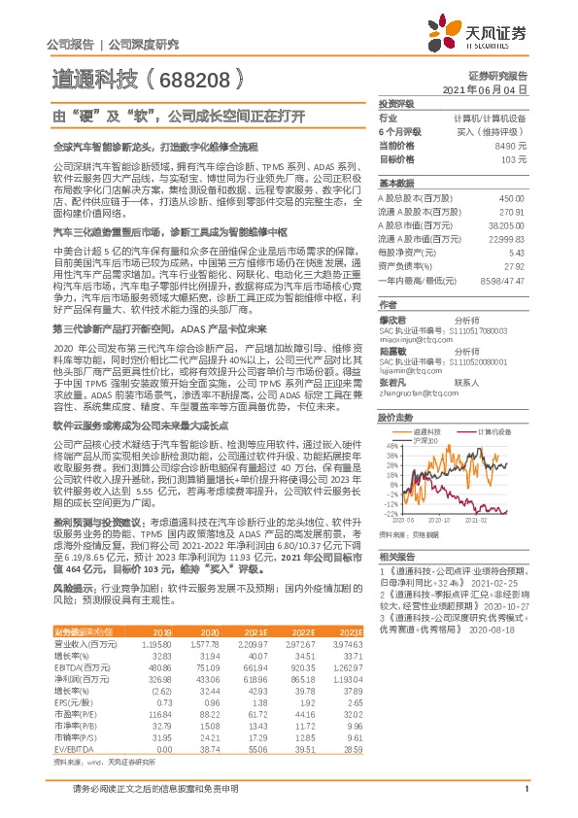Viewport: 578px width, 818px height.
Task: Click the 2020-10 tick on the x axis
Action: point(432,520)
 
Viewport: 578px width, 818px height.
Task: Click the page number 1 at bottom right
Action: point(526,800)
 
